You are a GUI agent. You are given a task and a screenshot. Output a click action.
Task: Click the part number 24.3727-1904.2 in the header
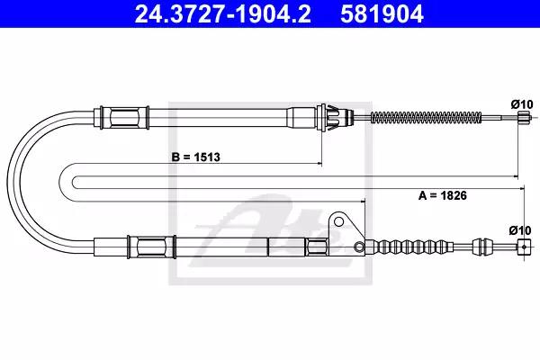(x=223, y=13)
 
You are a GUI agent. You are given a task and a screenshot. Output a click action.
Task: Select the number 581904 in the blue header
(x=382, y=13)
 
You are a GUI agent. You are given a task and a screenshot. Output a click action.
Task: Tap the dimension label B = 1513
(x=195, y=157)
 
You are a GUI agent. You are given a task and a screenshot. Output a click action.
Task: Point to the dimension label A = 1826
(x=443, y=195)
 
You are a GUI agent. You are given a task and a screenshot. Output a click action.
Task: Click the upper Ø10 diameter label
(x=522, y=104)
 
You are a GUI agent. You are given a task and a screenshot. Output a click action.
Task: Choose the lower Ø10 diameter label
(x=520, y=230)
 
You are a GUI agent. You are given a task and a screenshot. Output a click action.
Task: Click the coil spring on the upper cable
(x=426, y=118)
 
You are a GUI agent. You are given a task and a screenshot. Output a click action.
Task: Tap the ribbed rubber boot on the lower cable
(x=409, y=247)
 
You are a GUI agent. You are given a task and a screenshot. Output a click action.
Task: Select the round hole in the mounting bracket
(x=339, y=221)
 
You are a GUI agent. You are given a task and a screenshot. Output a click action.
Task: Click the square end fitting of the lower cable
(x=524, y=247)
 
